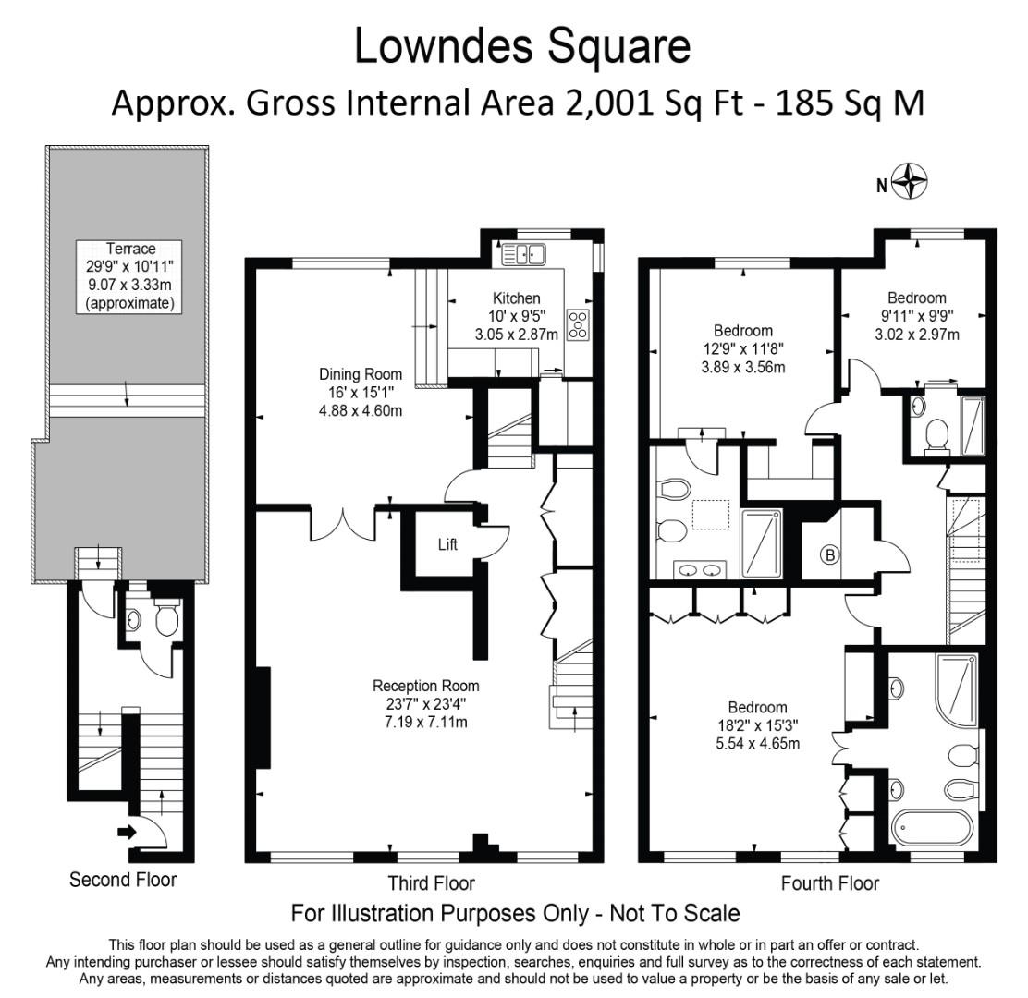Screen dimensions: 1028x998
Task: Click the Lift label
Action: pos(447,544)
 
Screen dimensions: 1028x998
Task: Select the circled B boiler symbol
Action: pos(830,555)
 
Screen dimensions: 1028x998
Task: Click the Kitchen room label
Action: pos(517,298)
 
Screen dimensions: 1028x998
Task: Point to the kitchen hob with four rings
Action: pos(579,325)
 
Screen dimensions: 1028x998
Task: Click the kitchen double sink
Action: pos(524,254)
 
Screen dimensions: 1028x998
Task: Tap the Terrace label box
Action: pos(129,276)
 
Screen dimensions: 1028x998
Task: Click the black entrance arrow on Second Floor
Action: pos(127,833)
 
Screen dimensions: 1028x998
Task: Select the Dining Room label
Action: pos(361,374)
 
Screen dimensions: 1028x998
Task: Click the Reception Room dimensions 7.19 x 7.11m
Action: pos(426,722)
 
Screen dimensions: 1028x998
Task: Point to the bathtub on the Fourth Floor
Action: pos(933,828)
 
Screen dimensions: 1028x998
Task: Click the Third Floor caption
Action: pos(432,883)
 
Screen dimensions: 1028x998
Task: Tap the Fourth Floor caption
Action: pos(830,883)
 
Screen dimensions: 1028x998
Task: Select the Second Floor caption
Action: pos(123,880)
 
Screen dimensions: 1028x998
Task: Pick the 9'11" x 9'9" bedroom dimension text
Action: pos(917,316)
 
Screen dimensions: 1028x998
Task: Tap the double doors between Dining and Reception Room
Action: pos(343,523)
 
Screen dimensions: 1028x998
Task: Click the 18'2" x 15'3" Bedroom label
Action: pos(757,725)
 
